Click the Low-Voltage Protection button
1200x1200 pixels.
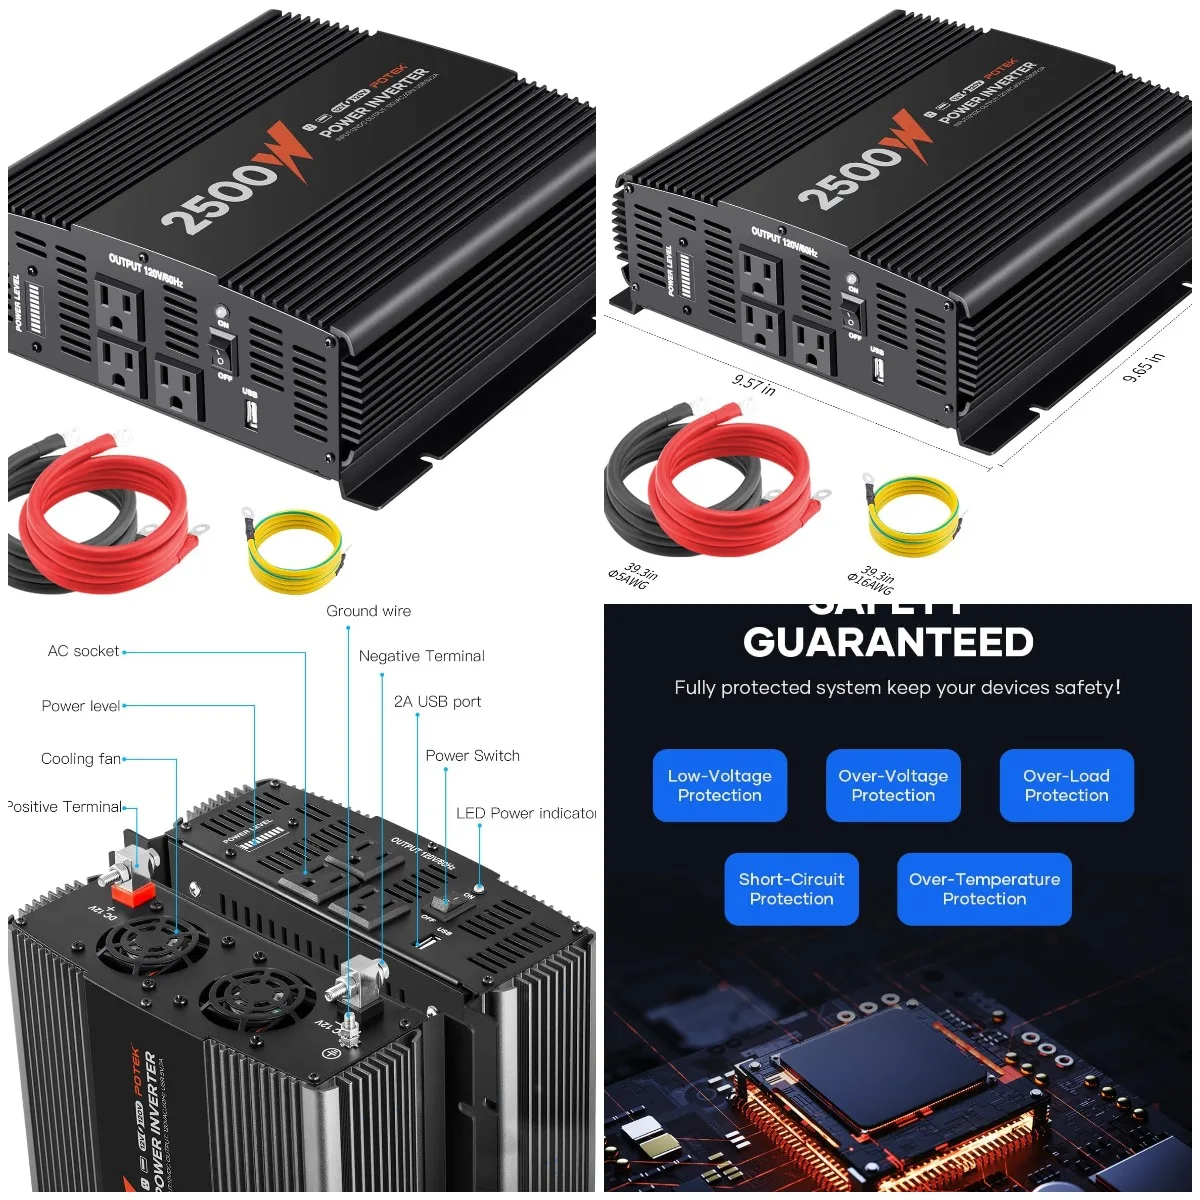[x=720, y=786]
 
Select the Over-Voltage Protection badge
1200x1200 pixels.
[x=893, y=786]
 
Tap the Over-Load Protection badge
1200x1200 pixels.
[x=1066, y=786]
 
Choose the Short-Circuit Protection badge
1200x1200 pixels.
[x=791, y=889]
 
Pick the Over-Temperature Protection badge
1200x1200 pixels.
[x=984, y=889]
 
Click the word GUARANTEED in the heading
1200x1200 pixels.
[x=888, y=643]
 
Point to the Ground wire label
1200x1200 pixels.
[x=368, y=611]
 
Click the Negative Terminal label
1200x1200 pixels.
[x=421, y=656]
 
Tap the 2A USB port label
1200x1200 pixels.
[x=437, y=702]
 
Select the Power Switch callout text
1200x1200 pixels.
[x=472, y=756]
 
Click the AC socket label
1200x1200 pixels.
[x=83, y=651]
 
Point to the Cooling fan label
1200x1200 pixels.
[x=80, y=759]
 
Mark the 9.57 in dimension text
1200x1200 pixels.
[x=753, y=384]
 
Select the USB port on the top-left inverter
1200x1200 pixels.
[x=250, y=414]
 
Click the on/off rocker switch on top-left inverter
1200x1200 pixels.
[x=223, y=350]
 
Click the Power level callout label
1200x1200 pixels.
[x=80, y=706]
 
